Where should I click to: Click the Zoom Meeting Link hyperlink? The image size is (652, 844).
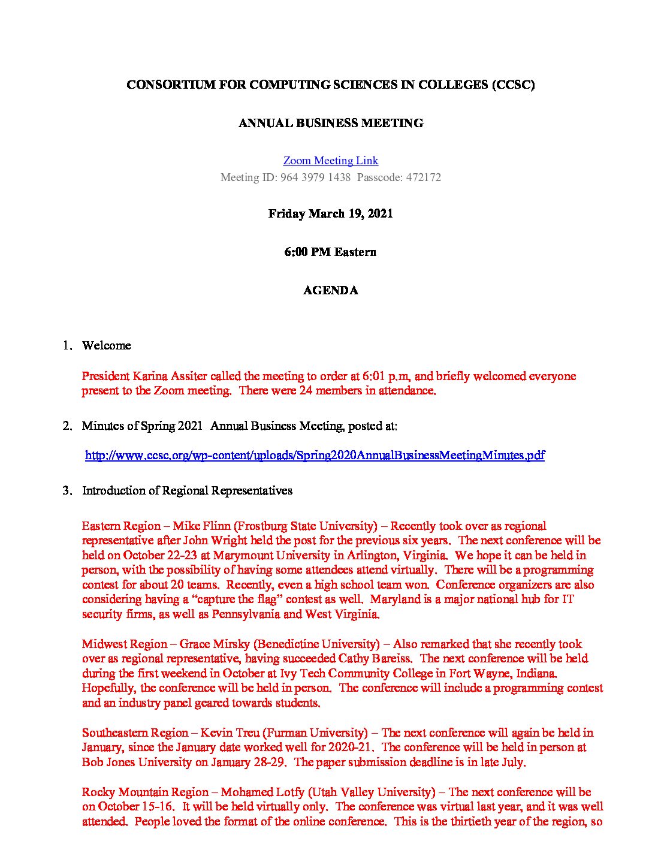[x=330, y=161]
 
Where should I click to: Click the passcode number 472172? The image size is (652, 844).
[x=423, y=177]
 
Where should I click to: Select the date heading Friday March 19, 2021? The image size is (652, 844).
[x=330, y=214]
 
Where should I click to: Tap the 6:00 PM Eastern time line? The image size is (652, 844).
[x=330, y=252]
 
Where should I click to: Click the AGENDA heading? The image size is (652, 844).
[x=330, y=291]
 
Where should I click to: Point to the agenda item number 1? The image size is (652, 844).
[x=67, y=346]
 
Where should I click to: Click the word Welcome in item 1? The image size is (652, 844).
[x=106, y=346]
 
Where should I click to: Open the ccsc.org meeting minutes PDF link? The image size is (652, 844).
[x=315, y=456]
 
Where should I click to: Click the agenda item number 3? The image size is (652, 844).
[x=67, y=491]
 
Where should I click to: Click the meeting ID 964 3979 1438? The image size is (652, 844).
[x=315, y=177]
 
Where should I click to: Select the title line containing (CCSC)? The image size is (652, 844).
[x=330, y=85]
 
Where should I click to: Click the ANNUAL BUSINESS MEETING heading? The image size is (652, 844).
[x=330, y=123]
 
